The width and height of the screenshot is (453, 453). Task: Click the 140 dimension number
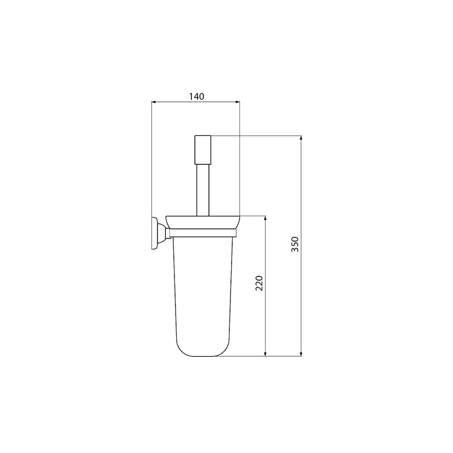click(x=195, y=96)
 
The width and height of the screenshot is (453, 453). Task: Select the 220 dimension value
click(x=259, y=283)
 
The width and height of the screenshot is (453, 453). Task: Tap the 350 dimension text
click(x=294, y=244)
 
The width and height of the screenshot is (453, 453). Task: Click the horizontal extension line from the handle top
click(x=255, y=136)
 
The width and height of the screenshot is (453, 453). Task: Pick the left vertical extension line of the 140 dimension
click(x=152, y=159)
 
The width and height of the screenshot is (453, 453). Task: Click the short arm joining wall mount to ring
click(x=164, y=232)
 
